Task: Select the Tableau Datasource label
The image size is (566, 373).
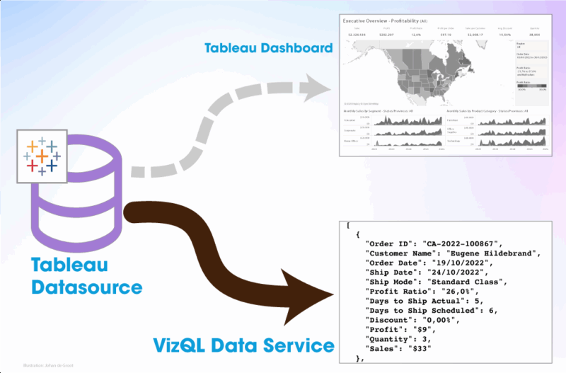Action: (x=86, y=277)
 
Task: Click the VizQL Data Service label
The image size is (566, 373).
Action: (x=243, y=345)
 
